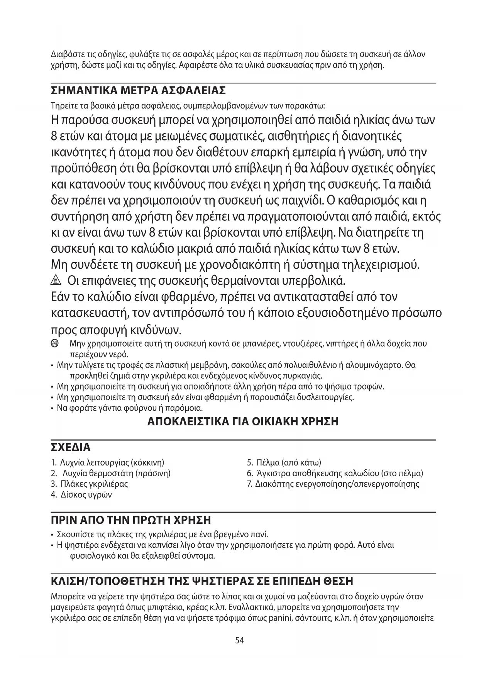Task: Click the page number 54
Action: (239, 640)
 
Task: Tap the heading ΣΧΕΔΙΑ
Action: (71, 447)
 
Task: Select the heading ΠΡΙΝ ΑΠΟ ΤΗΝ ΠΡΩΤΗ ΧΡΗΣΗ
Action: (131, 520)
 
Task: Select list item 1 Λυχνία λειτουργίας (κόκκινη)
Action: (108, 462)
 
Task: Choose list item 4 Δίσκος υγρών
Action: (81, 494)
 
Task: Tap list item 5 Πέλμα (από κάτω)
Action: (284, 462)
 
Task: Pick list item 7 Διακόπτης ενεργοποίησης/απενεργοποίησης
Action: (333, 484)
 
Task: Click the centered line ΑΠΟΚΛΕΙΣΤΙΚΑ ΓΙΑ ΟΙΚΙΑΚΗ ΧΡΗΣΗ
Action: (243, 421)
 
